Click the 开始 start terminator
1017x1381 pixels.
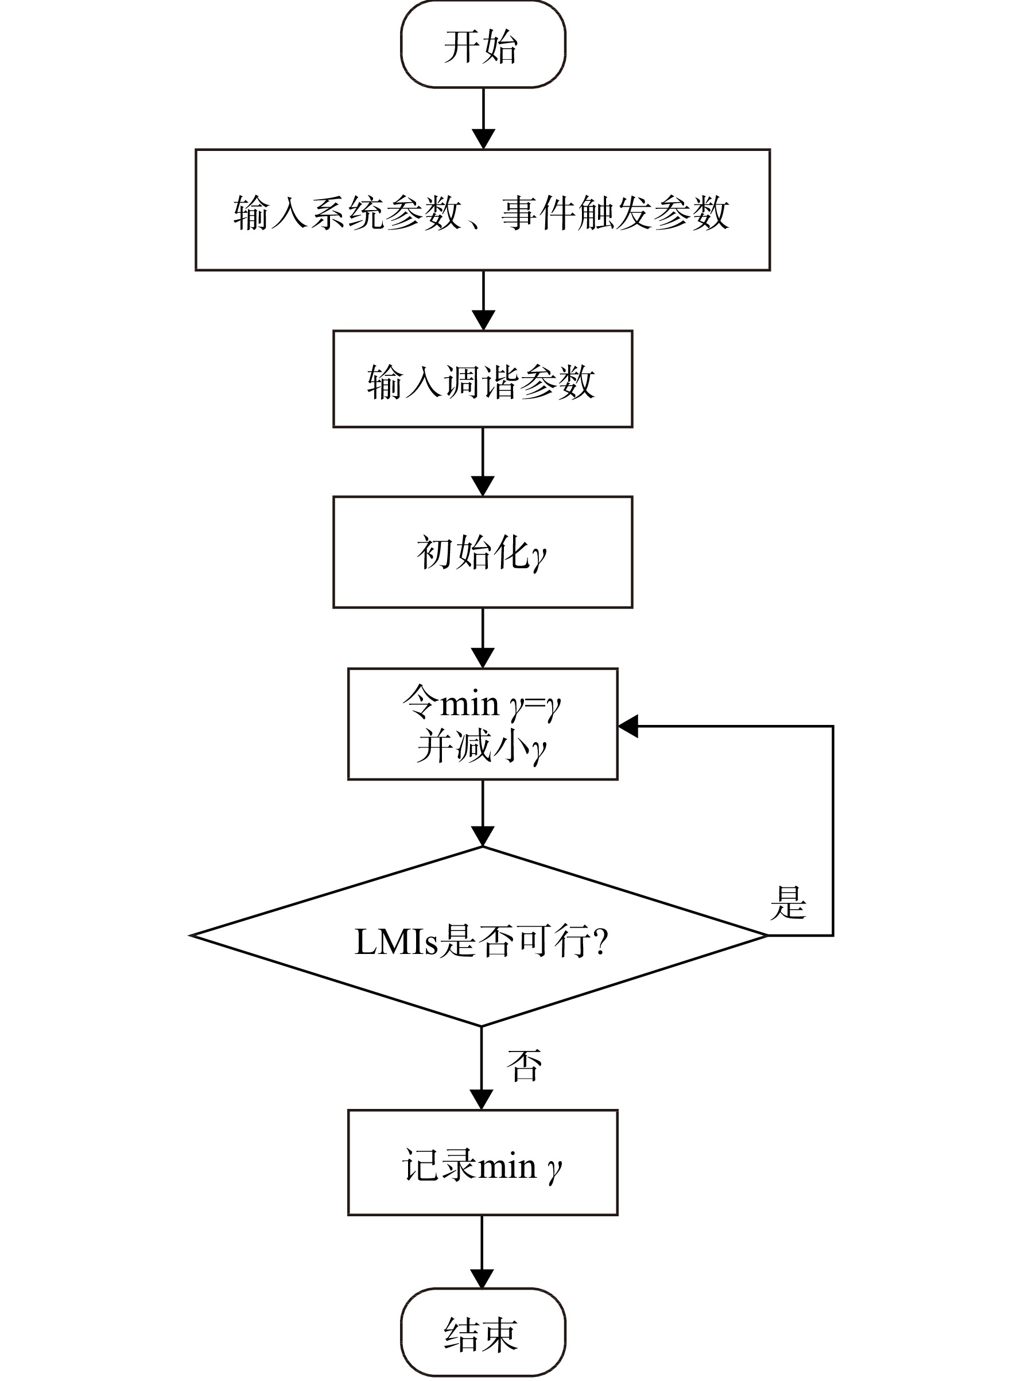tap(483, 44)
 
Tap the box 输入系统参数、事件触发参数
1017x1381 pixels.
tap(483, 210)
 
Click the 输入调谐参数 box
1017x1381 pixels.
tap(483, 379)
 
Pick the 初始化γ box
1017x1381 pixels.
tap(483, 552)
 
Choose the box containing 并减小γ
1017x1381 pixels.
tap(483, 724)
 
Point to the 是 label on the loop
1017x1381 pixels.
tap(788, 903)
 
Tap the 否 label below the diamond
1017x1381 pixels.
tap(525, 1065)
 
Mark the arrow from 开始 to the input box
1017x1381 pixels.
tap(483, 118)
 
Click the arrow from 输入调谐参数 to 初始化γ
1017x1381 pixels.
tap(483, 463)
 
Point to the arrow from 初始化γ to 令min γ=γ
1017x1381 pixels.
tap(483, 638)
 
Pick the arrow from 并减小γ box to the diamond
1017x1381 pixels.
tap(483, 813)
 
